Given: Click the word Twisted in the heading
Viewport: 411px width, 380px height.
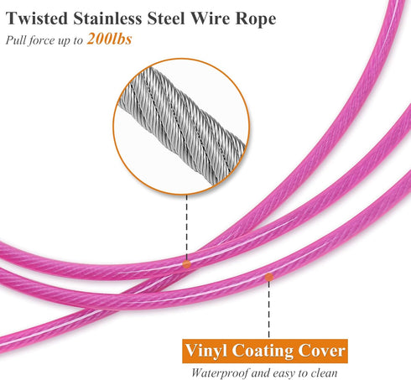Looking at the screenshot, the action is coord(37,18).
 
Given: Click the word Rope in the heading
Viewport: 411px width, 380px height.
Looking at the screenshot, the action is coord(256,19).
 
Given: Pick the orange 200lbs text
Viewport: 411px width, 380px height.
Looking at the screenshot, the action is coord(109,39).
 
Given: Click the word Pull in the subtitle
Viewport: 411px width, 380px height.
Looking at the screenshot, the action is coord(15,40).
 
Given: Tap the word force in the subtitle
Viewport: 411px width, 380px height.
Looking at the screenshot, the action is coord(42,40).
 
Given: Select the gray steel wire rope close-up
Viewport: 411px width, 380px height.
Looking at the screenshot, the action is coord(182,125).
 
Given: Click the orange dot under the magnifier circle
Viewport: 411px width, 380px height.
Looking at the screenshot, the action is coord(186,264).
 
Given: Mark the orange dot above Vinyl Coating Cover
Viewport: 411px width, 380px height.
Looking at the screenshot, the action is coord(269,277).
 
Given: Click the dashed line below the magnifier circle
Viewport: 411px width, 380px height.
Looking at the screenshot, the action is coord(186,227).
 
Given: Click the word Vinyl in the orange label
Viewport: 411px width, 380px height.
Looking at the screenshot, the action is coord(206,351).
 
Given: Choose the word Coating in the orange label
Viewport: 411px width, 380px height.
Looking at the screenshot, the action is coord(263,351).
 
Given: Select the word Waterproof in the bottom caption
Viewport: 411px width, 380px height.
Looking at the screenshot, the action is coord(220,373).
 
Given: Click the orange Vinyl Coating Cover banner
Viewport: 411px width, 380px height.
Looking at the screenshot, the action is coord(265,351).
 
